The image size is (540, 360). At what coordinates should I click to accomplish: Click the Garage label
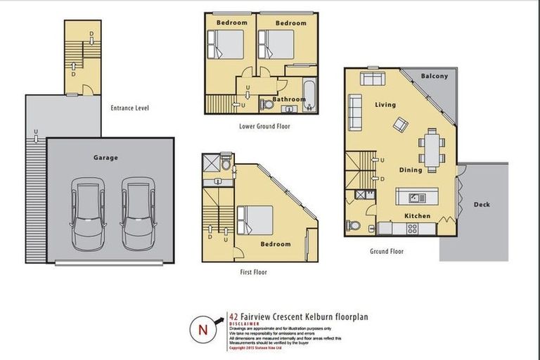(105, 158)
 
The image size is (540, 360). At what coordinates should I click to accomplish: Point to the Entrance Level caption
(129, 108)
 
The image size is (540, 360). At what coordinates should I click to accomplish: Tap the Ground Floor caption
(387, 251)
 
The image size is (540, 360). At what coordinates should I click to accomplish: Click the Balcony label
(434, 76)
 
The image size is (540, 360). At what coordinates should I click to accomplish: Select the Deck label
(482, 205)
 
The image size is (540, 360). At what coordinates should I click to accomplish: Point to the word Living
(385, 105)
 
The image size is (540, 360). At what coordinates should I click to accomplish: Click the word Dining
(411, 169)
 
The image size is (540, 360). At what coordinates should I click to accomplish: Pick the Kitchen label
(417, 216)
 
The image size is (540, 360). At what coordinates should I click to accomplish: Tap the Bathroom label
(289, 99)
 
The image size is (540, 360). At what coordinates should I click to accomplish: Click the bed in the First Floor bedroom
(255, 219)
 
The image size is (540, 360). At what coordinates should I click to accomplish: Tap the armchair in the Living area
(400, 125)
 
